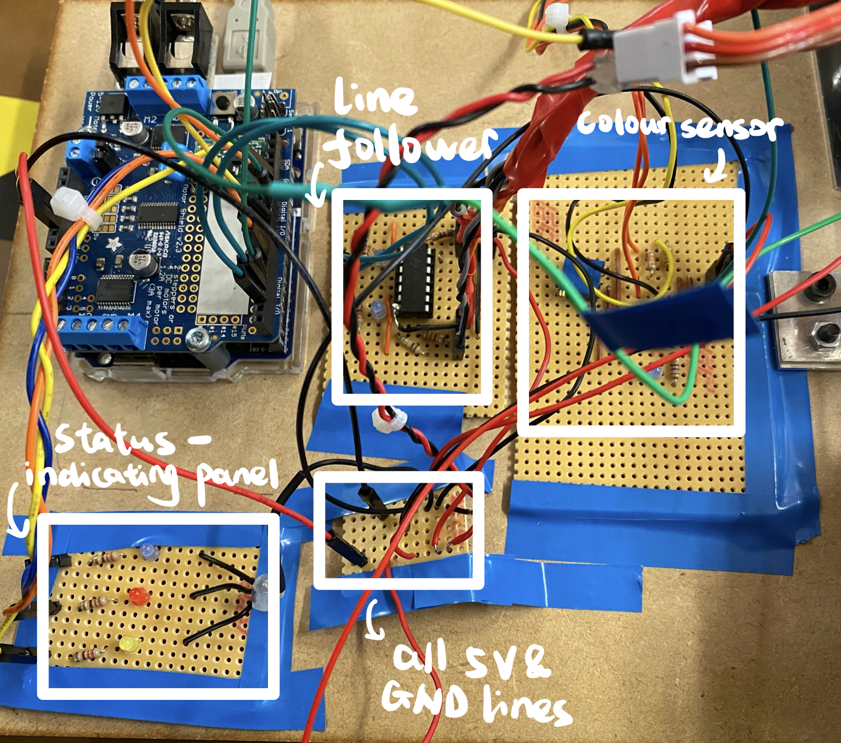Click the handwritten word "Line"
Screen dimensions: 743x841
[x=374, y=98]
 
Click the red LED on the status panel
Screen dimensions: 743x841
[x=138, y=596]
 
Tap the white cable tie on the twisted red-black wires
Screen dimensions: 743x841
[x=389, y=418]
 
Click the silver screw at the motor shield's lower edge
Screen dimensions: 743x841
[x=195, y=338]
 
